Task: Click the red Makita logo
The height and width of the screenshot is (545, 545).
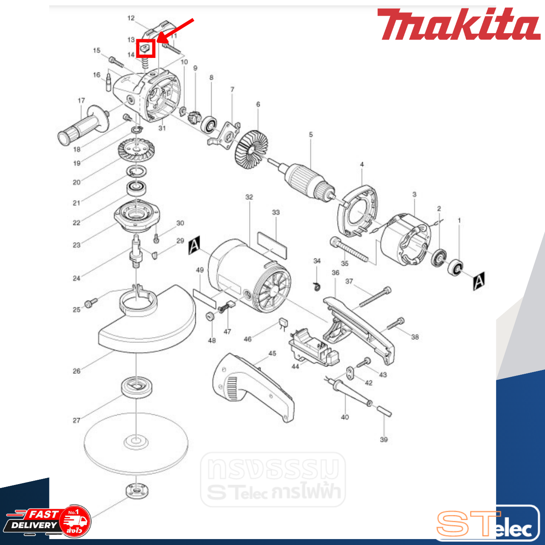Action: [x=458, y=25]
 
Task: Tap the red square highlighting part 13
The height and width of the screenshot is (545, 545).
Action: [x=146, y=48]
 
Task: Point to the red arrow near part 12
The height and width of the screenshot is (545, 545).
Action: [x=175, y=31]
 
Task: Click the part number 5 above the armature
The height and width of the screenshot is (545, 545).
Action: [x=311, y=135]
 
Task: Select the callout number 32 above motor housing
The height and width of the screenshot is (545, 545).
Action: [x=249, y=197]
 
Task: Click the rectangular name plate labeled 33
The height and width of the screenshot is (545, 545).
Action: [x=272, y=245]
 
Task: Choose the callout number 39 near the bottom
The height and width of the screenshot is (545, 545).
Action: [x=384, y=439]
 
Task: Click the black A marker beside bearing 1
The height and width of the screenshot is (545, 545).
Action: [x=479, y=281]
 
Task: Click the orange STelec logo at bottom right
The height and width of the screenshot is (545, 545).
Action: [x=486, y=524]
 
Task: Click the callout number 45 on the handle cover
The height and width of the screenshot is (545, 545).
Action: [x=272, y=353]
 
